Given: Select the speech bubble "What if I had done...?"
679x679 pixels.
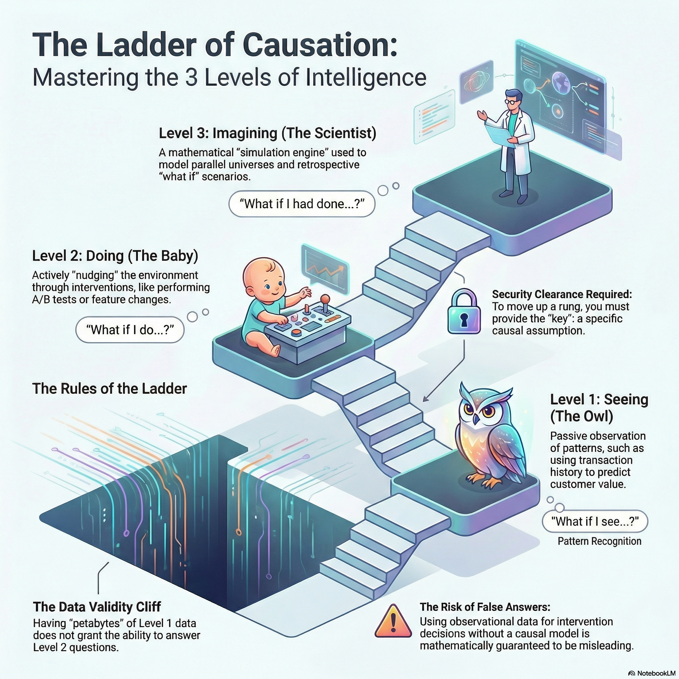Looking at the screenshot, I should click(x=302, y=204).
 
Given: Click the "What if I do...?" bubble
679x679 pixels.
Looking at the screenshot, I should click(x=130, y=330).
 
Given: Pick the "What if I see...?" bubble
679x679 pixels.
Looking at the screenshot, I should click(x=595, y=521).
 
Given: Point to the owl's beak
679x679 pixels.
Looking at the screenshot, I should click(x=476, y=419).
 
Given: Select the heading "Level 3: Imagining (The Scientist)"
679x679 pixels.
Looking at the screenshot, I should click(x=268, y=134).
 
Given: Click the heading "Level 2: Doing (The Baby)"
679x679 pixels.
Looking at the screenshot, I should click(x=115, y=256).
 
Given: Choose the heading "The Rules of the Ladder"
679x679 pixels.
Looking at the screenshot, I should click(x=109, y=389).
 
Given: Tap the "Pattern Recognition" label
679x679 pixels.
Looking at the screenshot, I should click(x=599, y=541).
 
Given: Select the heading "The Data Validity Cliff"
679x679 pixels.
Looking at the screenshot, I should click(x=97, y=607).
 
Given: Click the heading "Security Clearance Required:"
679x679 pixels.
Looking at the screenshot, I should click(x=562, y=294).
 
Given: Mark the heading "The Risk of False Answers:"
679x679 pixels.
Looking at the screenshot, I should click(x=485, y=607).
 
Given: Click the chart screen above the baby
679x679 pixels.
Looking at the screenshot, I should click(x=325, y=268).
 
